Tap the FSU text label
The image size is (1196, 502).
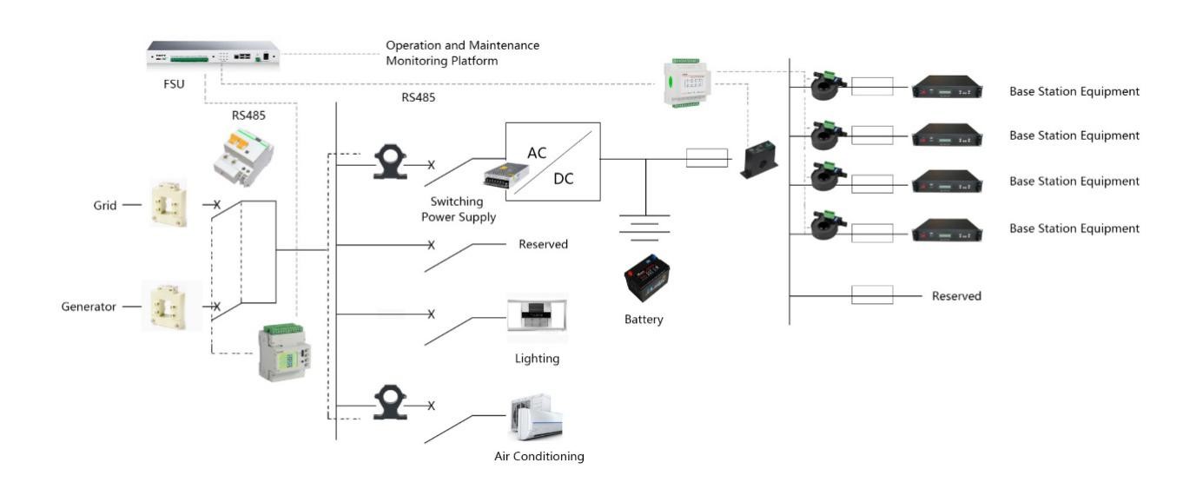(174, 84)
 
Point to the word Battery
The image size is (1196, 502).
(644, 320)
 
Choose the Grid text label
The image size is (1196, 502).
(105, 206)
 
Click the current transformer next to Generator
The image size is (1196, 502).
(171, 306)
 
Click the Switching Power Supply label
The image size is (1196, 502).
(458, 209)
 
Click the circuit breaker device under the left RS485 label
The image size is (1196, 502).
(245, 154)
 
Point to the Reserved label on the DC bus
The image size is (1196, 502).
(956, 296)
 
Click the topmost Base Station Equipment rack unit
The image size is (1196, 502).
(948, 89)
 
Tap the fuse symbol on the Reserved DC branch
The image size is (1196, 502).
(872, 295)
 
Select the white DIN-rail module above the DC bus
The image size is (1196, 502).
(689, 83)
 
